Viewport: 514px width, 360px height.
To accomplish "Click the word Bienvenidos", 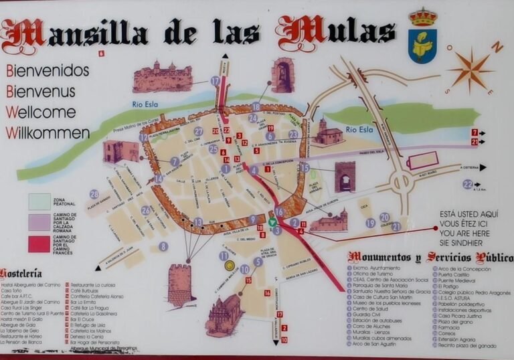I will point(48,70).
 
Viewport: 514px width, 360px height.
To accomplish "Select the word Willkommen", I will point(48,132).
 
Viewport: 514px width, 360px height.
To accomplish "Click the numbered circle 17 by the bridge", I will point(215,81).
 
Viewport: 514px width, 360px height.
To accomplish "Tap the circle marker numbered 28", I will point(94,194).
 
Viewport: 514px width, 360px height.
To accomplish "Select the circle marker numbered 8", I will point(163,246).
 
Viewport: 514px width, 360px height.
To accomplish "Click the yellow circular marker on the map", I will point(230,266).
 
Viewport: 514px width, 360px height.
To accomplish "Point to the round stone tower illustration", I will point(179,285).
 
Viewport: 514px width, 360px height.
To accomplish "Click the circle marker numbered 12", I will point(144,137).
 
